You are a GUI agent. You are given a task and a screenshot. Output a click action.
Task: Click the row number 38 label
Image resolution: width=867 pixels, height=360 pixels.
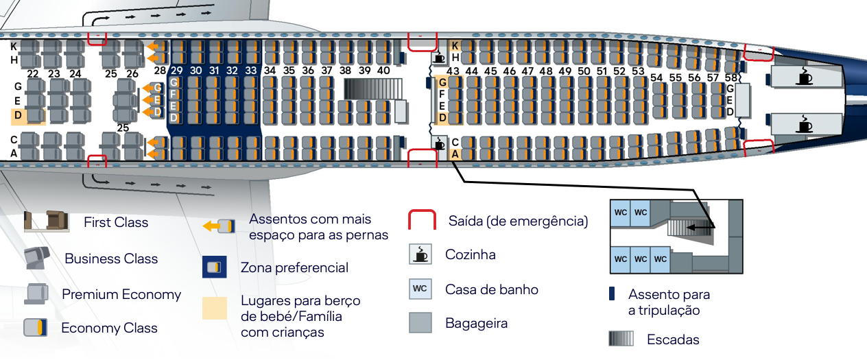(x=345, y=71)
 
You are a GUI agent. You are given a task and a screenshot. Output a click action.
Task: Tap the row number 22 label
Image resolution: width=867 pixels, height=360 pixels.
(x=32, y=74)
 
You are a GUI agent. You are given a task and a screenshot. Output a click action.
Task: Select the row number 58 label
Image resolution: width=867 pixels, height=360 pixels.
(x=731, y=78)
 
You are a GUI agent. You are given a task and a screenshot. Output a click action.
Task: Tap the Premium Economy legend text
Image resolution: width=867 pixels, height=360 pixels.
(x=121, y=295)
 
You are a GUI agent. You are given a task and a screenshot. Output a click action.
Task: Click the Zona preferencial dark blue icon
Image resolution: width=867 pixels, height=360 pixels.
(x=215, y=267)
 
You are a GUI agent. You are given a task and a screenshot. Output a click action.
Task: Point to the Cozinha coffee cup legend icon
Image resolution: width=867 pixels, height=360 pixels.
(x=420, y=254)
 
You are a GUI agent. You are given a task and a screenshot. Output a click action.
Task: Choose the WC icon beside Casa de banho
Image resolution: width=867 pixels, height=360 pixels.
(x=420, y=289)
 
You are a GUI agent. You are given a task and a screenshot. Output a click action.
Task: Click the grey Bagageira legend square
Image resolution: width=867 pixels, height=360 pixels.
(x=420, y=322)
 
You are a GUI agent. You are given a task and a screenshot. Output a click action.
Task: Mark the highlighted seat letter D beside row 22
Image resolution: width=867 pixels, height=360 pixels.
(x=19, y=115)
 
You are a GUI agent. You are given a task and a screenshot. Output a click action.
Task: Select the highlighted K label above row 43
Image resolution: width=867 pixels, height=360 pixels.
(x=454, y=46)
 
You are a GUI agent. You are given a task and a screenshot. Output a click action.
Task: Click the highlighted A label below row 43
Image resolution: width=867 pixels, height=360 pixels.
(x=454, y=154)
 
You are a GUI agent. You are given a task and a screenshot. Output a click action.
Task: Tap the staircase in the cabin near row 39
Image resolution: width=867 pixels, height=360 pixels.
(x=370, y=89)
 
